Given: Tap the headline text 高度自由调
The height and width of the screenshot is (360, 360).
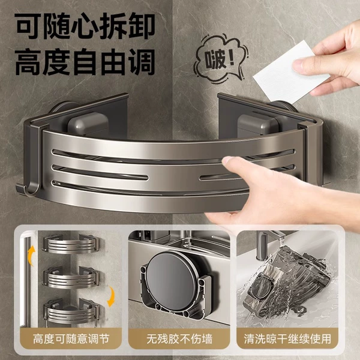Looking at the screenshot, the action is tap(85, 62).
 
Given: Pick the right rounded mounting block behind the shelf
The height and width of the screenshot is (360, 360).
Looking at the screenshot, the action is tap(257, 125).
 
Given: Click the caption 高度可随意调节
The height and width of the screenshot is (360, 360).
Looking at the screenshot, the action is tap(71, 339).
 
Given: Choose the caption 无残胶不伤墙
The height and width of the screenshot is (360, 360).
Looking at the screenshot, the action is tap(179, 339).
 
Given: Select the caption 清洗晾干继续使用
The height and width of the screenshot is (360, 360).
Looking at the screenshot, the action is tap(287, 339).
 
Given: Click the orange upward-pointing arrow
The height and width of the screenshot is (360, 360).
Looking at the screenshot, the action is tap(31, 256).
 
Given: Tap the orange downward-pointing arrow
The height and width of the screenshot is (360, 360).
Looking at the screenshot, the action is tap(111, 296).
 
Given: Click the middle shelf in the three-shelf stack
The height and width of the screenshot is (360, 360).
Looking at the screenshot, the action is tap(71, 277).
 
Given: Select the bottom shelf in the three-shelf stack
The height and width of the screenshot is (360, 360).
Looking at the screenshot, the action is tap(71, 311).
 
